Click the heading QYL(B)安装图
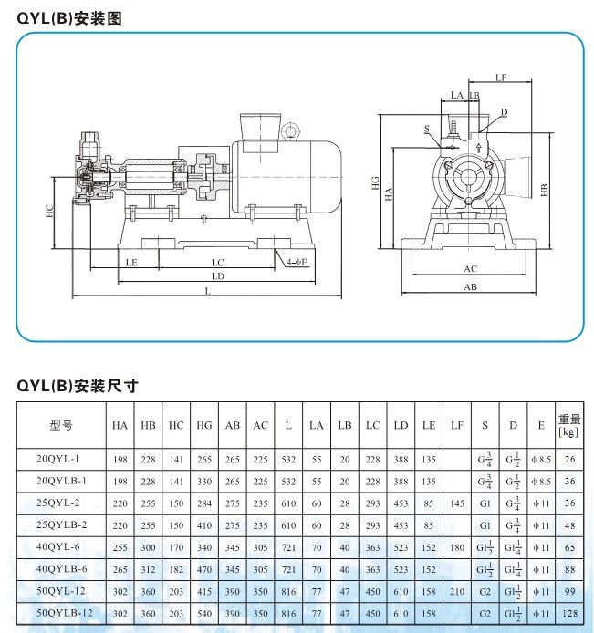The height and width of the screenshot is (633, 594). point(69,17)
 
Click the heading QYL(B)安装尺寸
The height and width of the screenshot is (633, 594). point(78,385)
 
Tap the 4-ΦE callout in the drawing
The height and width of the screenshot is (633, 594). point(297,262)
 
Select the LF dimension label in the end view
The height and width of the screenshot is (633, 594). point(501,78)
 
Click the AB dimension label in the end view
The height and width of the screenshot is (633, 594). point(471,286)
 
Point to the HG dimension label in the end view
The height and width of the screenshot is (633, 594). point(375,183)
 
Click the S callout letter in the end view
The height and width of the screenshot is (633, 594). point(426,129)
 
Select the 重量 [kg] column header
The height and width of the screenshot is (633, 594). point(569,425)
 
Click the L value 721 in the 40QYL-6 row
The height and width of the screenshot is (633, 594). point(289,546)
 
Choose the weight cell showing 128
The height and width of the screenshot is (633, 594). point(569,613)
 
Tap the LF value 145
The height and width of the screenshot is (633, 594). point(457,503)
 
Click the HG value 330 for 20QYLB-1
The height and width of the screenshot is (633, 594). point(204,480)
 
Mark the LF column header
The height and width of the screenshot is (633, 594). point(457,425)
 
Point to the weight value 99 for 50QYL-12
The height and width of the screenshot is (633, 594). point(569,591)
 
